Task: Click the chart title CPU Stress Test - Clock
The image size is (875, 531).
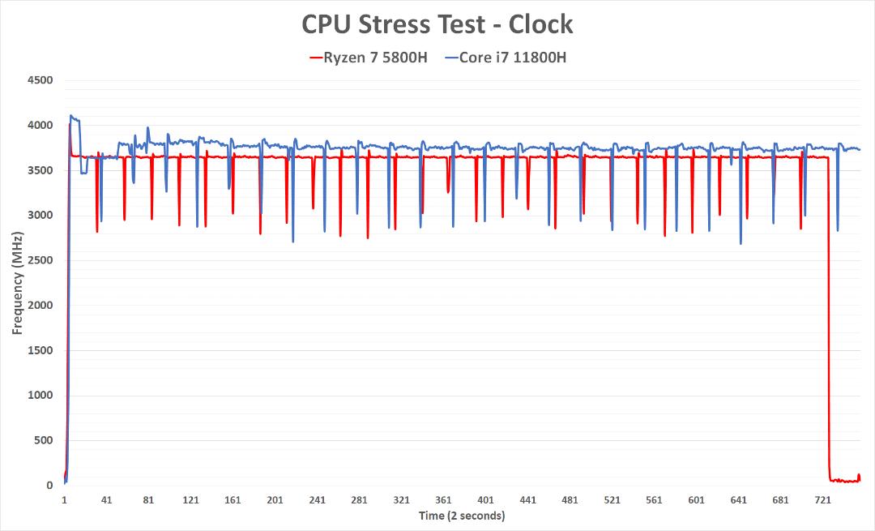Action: (437, 24)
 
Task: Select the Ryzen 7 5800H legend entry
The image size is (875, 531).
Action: (369, 58)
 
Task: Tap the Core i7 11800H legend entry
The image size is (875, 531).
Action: (506, 58)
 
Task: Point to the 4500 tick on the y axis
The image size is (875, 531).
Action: (41, 80)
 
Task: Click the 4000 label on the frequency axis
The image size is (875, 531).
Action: (41, 126)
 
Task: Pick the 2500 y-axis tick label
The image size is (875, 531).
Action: (41, 260)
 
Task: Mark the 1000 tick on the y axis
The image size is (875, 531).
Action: (41, 396)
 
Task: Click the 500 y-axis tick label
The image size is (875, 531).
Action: (43, 440)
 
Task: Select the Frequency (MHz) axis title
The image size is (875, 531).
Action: (17, 283)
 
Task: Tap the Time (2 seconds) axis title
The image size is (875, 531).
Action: (462, 516)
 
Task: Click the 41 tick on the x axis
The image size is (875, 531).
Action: (106, 499)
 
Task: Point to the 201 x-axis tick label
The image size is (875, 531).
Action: (275, 499)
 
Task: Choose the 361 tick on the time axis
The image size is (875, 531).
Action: (443, 499)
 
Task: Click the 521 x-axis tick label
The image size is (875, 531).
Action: (612, 499)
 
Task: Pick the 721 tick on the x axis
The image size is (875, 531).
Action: (822, 499)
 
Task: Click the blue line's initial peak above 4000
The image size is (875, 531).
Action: (70, 116)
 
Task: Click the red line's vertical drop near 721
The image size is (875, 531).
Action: (828, 319)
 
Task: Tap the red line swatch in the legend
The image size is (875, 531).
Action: (316, 58)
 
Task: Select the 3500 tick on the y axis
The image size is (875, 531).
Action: (41, 170)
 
